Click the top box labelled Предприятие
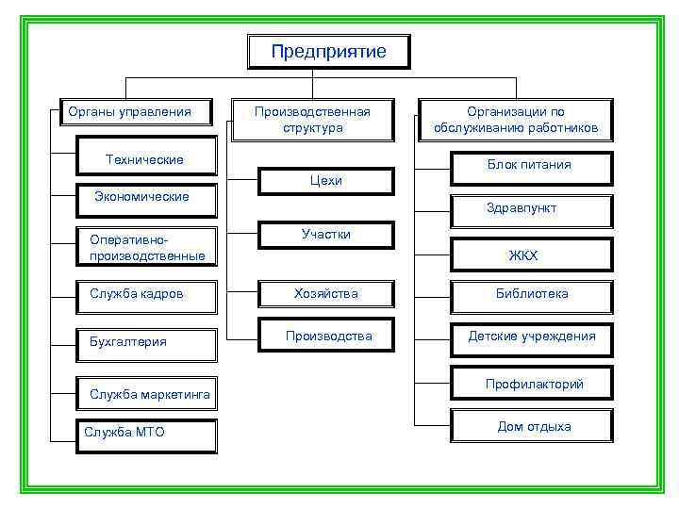point(328,52)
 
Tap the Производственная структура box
point(313,120)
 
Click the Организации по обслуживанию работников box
point(516,120)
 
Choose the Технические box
point(145,159)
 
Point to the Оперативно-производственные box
point(147,247)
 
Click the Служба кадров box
point(147,294)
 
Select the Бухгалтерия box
point(147,341)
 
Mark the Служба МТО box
point(147,432)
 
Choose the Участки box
point(326,235)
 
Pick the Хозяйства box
point(326,294)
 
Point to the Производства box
point(329,337)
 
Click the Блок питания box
point(529,165)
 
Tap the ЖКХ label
point(522,254)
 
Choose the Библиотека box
point(532,294)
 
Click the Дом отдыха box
point(534,427)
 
